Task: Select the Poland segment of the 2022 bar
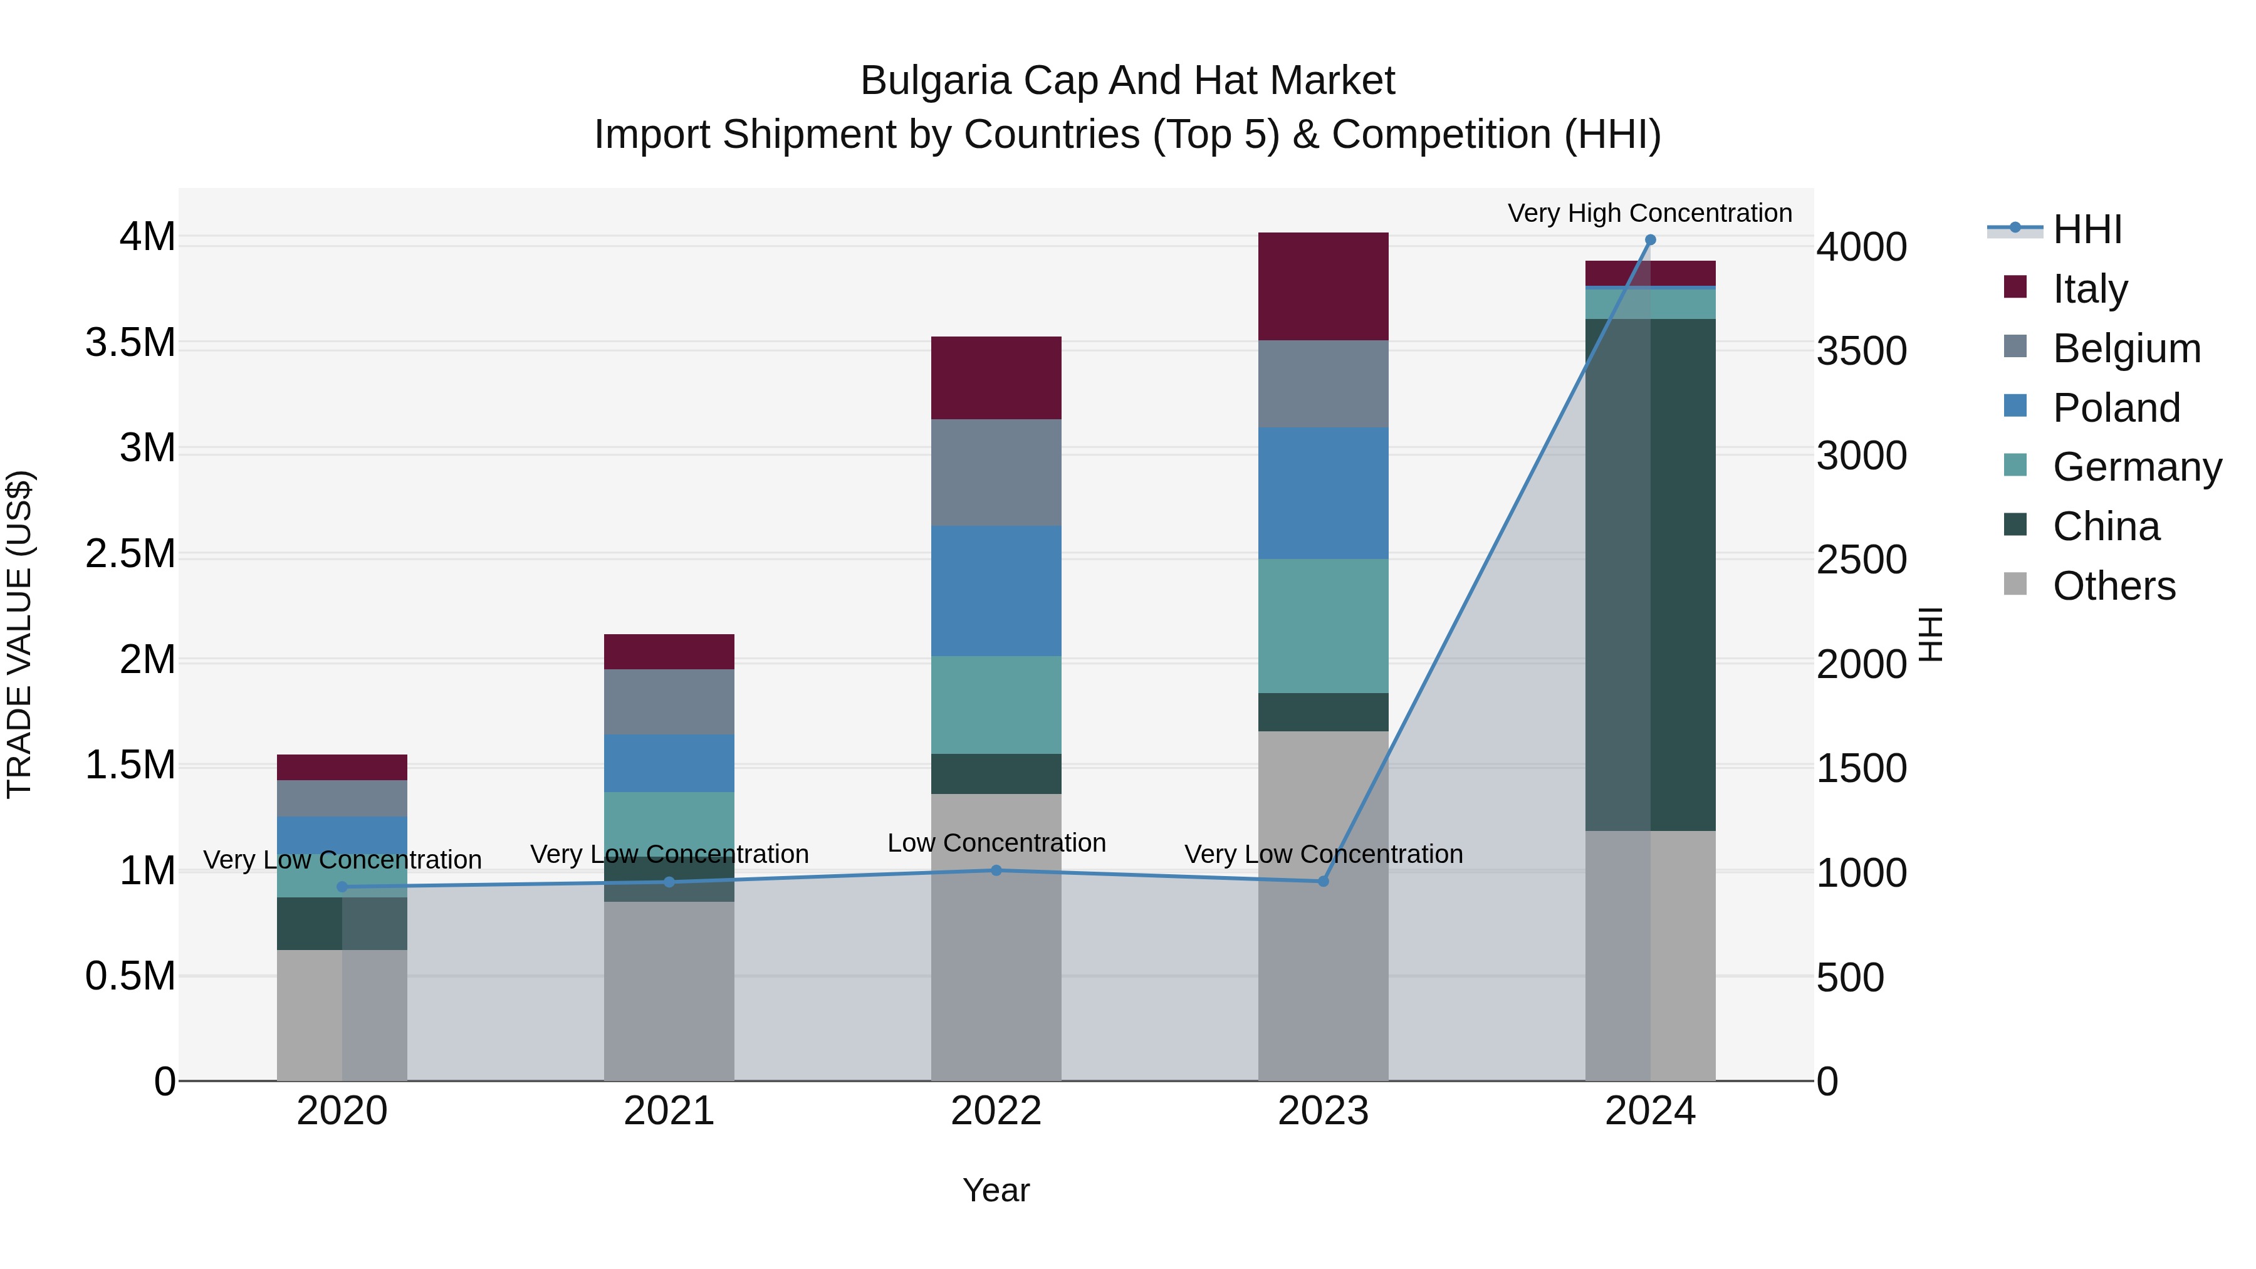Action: click(996, 590)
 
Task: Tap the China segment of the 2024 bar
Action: click(1650, 575)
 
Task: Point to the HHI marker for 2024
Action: click(1650, 240)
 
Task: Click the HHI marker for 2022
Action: click(996, 870)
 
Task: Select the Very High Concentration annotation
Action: click(1649, 213)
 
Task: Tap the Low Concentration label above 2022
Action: click(996, 842)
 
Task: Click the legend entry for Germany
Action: click(2136, 467)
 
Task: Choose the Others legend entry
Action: click(2113, 586)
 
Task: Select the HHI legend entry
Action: click(2086, 229)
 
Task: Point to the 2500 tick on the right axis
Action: click(1861, 560)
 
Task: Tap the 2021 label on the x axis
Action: click(669, 1111)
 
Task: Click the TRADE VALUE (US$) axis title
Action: click(19, 634)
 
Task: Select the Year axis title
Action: click(996, 1190)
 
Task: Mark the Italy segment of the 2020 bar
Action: click(342, 767)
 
